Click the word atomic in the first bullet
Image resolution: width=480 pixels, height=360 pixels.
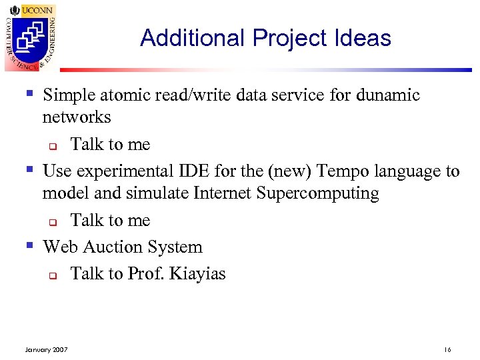click(x=129, y=95)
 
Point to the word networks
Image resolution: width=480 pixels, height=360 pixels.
click(x=77, y=117)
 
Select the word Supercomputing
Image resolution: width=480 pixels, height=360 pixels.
click(x=320, y=194)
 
